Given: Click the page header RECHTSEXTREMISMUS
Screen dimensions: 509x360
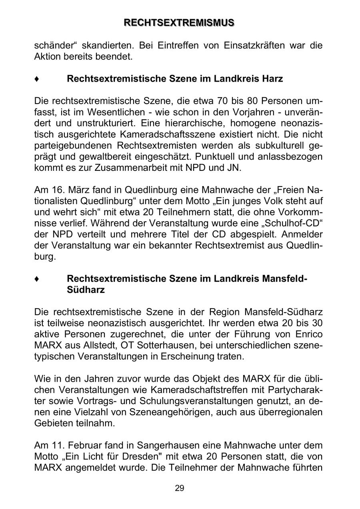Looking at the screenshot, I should coord(179,23).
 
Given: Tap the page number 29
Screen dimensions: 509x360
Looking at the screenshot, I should coord(180,488).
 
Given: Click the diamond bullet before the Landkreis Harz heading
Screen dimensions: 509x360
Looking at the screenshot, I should coord(37,79).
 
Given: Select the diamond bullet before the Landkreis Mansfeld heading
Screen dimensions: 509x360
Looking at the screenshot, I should coord(37,279).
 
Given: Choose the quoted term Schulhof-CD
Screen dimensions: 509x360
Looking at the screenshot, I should coord(287,222).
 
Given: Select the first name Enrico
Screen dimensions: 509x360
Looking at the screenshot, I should coord(308,334).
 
